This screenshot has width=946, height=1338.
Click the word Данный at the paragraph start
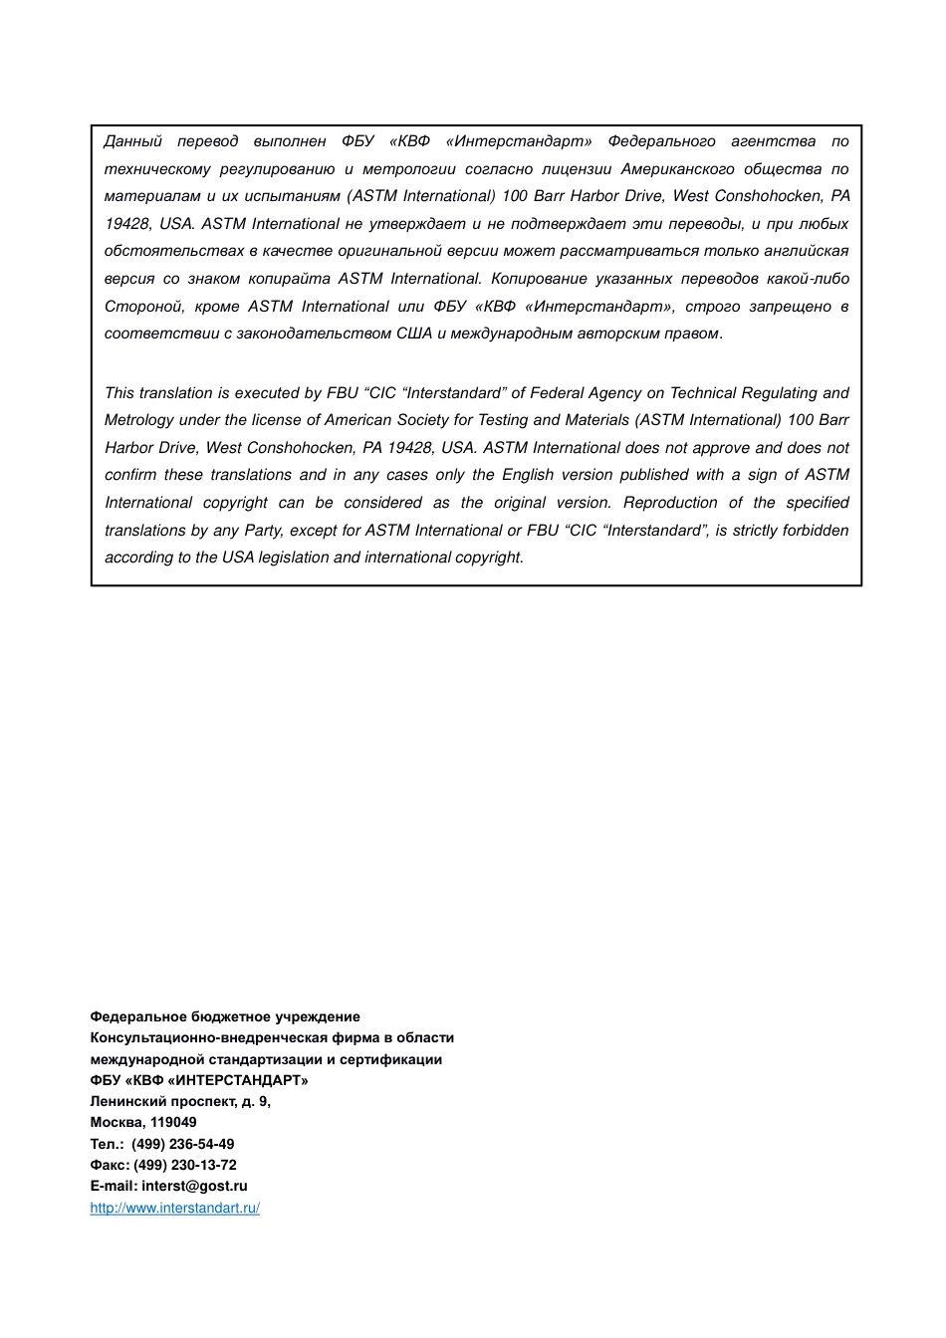point(133,141)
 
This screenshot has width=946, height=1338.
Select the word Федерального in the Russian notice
point(661,141)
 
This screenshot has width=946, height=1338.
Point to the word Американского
point(677,169)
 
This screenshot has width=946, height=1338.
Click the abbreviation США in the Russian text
point(414,334)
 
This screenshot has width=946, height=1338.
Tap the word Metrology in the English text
point(138,420)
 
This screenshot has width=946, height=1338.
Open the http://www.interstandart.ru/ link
point(175,1208)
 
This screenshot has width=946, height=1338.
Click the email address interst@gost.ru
point(194,1186)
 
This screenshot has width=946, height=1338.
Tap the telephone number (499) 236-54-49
point(183,1144)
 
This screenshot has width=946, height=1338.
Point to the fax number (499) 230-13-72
point(185,1165)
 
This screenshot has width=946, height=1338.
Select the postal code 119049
point(173,1122)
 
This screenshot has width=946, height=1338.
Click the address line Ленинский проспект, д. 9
point(180,1101)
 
